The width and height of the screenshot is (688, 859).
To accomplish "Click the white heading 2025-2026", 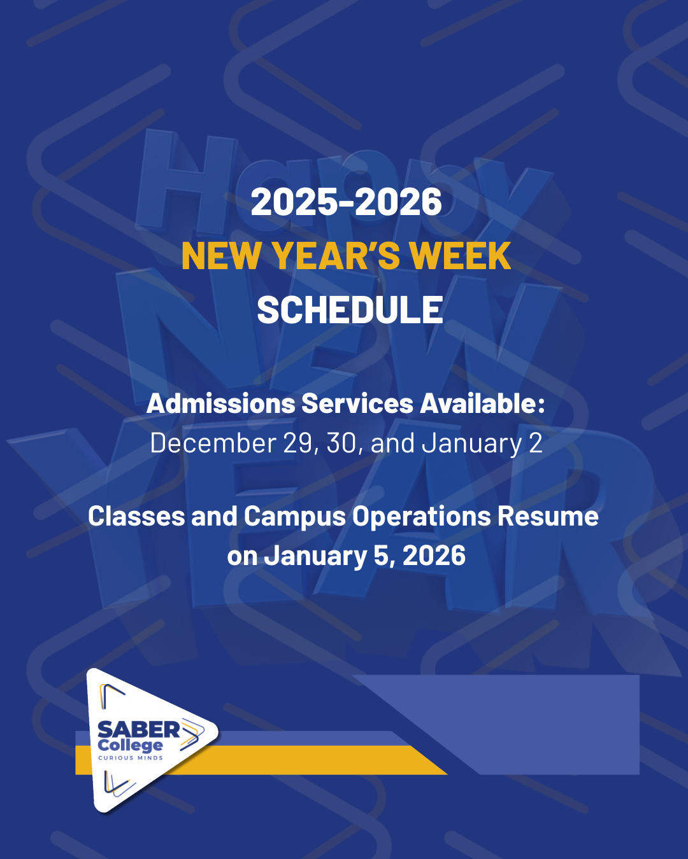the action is click(346, 202).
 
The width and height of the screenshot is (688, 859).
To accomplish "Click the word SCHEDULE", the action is click(350, 310).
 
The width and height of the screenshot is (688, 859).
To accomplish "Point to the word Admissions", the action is click(220, 403).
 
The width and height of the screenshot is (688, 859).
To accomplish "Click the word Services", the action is click(357, 403).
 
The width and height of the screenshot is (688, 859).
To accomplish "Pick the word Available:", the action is click(482, 403).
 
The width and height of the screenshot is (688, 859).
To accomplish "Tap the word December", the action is click(213, 443).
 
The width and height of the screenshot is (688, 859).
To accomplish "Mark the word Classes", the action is click(136, 516).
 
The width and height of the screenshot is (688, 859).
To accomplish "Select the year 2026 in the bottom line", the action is click(434, 555).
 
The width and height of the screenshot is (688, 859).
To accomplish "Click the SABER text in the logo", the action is click(139, 730).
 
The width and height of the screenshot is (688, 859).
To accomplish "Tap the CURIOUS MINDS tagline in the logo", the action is click(131, 758).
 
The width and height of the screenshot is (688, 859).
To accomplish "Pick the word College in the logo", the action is click(131, 745).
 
